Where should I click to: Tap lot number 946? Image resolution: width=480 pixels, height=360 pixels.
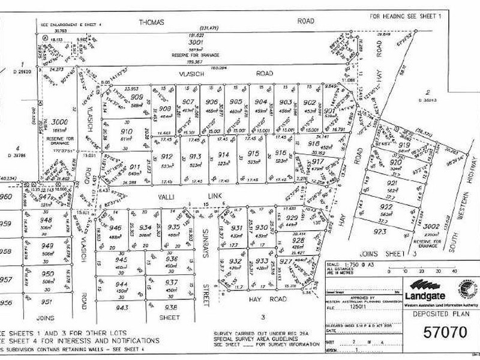click(x=115, y=229)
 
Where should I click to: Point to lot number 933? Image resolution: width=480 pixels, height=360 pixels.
click(x=262, y=262)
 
